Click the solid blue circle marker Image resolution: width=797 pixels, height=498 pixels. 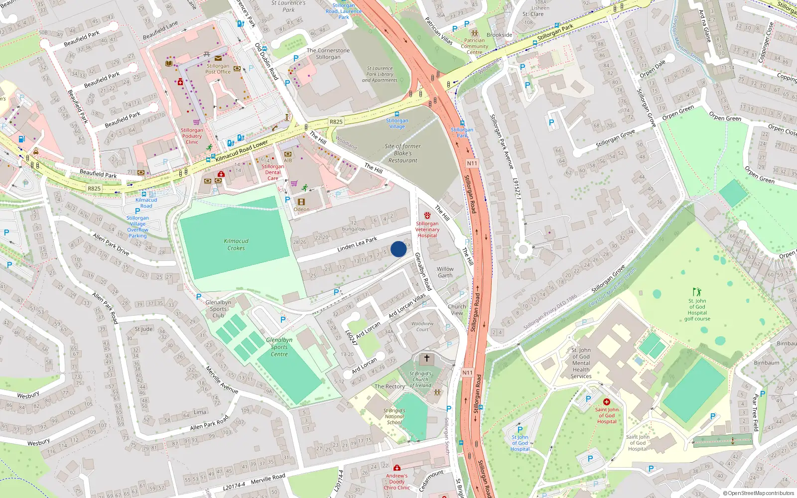coord(398,249)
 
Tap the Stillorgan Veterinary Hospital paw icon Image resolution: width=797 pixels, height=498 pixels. coord(427,216)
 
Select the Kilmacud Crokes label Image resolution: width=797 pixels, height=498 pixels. coord(236,245)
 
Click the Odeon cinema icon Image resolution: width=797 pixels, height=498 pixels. coord(301,202)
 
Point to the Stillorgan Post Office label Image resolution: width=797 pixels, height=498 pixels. coord(218,69)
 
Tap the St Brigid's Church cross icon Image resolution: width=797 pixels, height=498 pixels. coord(426,358)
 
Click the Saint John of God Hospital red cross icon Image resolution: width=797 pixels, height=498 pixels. coord(606,402)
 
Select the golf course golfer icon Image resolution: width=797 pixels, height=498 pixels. coord(697,291)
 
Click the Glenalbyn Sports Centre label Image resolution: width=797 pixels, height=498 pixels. coord(279,347)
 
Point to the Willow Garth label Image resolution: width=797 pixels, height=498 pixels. coord(445,272)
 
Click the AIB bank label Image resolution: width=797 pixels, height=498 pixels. coord(288,160)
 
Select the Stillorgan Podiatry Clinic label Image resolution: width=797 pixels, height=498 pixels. coord(192,136)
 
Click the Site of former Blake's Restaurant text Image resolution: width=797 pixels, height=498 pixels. coord(402,153)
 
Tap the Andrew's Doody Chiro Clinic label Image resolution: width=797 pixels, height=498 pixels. coord(397,482)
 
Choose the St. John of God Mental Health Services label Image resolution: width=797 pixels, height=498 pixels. coord(581,363)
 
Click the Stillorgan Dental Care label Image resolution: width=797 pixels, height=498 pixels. coord(272,172)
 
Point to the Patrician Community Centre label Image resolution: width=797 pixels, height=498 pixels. coord(474,46)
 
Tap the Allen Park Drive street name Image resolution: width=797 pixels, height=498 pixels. coord(111,244)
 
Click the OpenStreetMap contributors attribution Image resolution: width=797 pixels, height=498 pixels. coord(758,494)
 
